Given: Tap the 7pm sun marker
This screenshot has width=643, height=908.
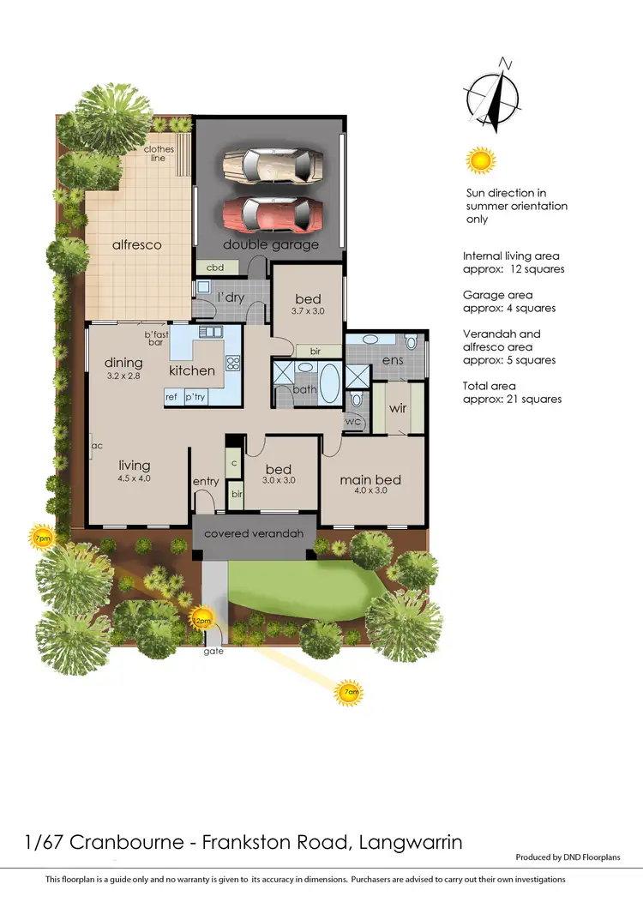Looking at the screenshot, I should (x=41, y=538).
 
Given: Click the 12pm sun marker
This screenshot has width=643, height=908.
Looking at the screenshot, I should (x=202, y=619).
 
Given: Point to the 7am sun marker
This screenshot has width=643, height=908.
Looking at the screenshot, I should (x=349, y=691).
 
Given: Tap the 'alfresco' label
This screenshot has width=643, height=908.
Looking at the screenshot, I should (x=137, y=244).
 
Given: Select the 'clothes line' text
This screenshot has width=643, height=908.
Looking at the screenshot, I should (x=159, y=153).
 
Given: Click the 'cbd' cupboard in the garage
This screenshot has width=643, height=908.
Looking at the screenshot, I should (x=215, y=268).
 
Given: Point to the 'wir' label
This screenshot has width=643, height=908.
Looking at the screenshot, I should (x=397, y=409).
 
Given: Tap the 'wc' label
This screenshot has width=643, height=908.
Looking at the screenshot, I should (x=352, y=421).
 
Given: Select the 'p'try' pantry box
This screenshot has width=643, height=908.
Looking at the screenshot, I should (x=196, y=397).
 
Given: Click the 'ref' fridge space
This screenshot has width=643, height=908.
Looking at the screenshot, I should (x=171, y=397).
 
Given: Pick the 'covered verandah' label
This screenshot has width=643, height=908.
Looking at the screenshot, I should (x=254, y=533).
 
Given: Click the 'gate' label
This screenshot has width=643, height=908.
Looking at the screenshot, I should (x=213, y=652).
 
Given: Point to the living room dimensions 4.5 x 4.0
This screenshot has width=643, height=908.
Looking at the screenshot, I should (x=134, y=478).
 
